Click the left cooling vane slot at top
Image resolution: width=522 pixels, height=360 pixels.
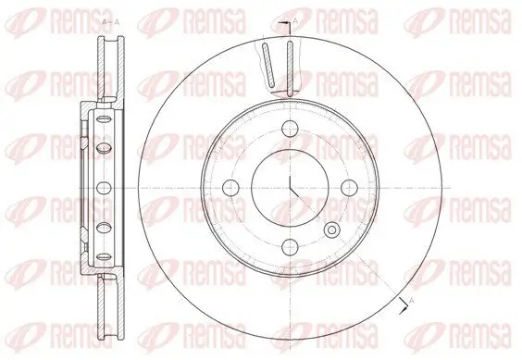(x=268, y=68)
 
